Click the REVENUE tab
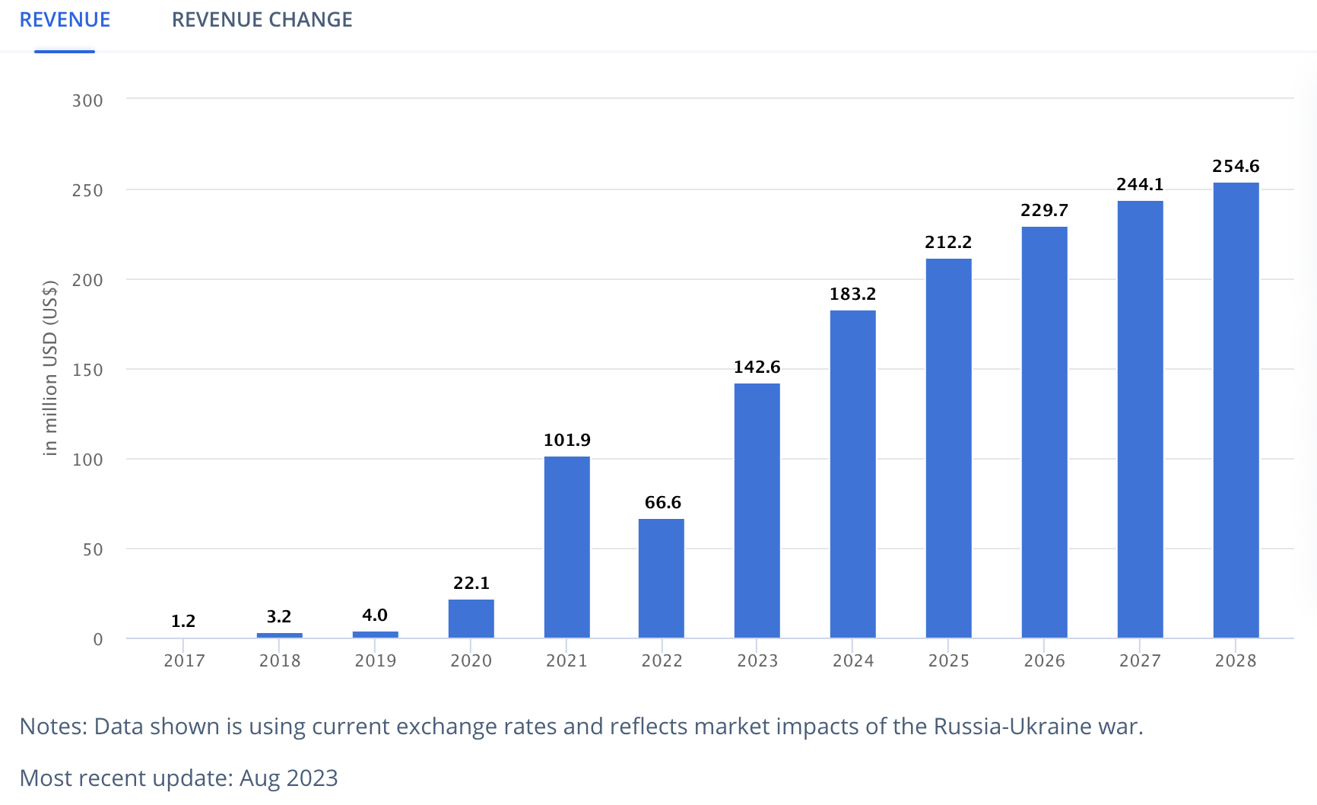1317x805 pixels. [65, 20]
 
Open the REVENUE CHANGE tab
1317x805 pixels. [262, 20]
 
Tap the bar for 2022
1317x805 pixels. [662, 577]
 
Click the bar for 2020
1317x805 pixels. [471, 618]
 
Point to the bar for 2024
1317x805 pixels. [852, 473]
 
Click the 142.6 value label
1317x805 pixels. [757, 367]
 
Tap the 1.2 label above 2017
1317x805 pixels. [183, 621]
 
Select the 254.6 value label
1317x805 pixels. [1236, 166]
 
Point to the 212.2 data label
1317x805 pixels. [948, 242]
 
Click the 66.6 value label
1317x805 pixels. [662, 502]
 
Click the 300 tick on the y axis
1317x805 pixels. [87, 100]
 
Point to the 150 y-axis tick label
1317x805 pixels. [87, 370]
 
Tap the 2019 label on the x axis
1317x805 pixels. [375, 660]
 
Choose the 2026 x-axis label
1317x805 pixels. [1044, 660]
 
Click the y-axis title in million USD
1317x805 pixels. [50, 368]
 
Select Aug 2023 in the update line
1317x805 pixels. [288, 778]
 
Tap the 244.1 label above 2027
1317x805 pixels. [1140, 184]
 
